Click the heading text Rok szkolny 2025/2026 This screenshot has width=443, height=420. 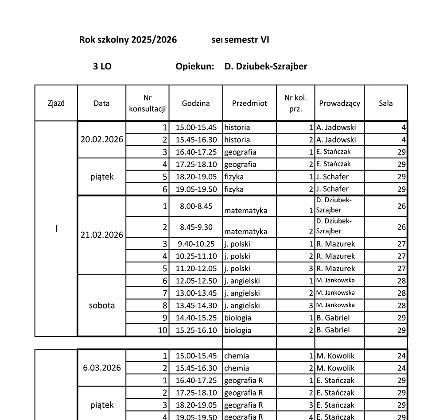[128, 40]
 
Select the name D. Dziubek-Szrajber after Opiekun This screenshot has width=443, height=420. [266, 66]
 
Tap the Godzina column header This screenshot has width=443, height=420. [196, 103]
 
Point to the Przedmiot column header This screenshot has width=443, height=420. [249, 103]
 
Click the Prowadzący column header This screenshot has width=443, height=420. [339, 103]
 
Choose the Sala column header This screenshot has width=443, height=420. [385, 103]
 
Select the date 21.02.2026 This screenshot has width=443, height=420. [102, 235]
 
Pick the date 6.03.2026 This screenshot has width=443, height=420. [102, 368]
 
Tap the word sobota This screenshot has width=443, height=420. [102, 305]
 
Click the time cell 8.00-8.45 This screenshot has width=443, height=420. [196, 206]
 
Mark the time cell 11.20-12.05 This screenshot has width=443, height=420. [196, 269]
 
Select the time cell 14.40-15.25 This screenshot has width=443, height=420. [196, 318]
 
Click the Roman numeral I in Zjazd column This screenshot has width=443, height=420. [56, 229]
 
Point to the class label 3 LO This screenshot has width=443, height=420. [102, 66]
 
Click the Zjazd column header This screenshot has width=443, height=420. [56, 103]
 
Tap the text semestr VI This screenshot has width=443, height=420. [247, 40]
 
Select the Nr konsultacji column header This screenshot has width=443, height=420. [148, 103]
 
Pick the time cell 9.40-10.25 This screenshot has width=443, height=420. [196, 244]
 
